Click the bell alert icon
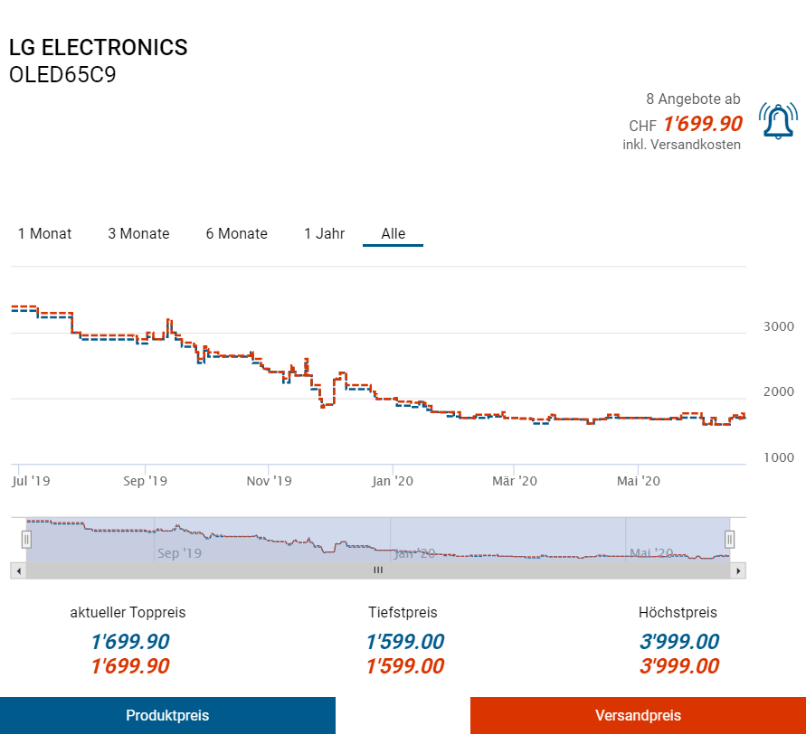[778, 121]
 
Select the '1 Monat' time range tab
[45, 233]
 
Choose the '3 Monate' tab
[138, 233]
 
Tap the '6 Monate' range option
[236, 233]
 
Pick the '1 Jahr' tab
[324, 233]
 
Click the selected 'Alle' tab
[393, 233]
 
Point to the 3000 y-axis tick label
[778, 326]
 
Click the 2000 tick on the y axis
[778, 391]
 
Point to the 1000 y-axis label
[778, 457]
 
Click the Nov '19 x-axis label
[270, 481]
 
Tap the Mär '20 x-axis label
[514, 481]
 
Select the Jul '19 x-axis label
[31, 481]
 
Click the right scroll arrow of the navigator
[739, 570]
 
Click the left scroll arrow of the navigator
[17, 570]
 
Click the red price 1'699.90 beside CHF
[702, 124]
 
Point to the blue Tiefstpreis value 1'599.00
[404, 643]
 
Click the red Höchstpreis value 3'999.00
[678, 667]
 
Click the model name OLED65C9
[62, 75]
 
